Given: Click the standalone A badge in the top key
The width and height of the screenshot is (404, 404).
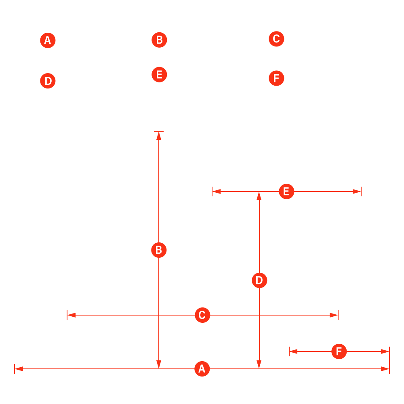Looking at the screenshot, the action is coord(48,40).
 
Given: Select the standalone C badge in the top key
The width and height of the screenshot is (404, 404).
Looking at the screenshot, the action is coord(276,39).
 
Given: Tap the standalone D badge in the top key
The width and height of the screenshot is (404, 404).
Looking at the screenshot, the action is coord(48,81).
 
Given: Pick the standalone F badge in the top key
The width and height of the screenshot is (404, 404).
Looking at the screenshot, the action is coord(276,78).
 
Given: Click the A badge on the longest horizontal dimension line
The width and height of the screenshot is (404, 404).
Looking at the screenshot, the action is coord(202,369).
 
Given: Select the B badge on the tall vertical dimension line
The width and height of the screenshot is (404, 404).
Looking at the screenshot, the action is coord(159,250).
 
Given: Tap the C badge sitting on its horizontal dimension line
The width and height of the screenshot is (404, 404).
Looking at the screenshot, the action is coord(202,315).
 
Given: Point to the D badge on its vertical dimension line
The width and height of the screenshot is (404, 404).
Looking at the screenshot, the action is coord(259,280).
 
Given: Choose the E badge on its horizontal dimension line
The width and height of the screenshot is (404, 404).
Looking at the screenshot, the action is coord(286,191).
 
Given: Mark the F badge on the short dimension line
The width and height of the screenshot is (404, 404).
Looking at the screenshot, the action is coord(339,351).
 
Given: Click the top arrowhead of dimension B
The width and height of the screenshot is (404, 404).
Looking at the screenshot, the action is coord(159,136).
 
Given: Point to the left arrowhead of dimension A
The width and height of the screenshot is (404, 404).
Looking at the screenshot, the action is coord(19,369).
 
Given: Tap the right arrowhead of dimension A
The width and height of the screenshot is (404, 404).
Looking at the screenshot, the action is coord(385,369).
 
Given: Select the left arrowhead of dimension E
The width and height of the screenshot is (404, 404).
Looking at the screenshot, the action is coord(217,191).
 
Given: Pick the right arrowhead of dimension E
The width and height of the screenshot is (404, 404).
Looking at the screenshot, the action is coord(357,191).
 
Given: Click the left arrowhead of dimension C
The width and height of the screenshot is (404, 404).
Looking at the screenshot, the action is coord(72,315).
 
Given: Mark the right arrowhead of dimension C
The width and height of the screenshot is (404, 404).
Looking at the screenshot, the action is coord(334,315).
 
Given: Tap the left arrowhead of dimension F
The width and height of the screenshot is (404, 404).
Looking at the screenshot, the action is coord(293,351).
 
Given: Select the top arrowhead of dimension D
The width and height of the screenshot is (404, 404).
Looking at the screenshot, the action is coord(259,196).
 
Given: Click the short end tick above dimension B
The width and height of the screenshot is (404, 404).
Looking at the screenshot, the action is coord(159,131).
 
